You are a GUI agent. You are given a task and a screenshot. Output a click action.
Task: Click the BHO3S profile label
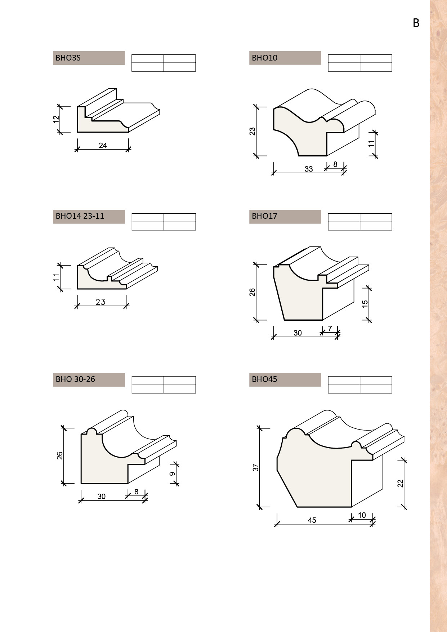(x=68, y=58)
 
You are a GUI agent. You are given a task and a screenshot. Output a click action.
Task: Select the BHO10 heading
(x=265, y=58)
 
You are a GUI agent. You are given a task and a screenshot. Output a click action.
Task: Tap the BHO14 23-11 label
(x=80, y=216)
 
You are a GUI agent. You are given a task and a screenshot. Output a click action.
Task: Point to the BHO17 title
(x=264, y=216)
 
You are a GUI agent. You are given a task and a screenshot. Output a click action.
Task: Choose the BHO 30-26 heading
(x=75, y=379)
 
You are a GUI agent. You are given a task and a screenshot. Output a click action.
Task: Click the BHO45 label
(x=264, y=379)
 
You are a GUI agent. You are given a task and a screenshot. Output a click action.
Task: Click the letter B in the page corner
(x=416, y=23)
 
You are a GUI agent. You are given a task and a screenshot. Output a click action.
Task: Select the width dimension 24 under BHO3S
(x=103, y=145)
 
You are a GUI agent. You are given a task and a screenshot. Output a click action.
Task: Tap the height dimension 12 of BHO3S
(x=56, y=119)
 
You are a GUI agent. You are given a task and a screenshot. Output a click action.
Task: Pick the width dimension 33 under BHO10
(x=309, y=169)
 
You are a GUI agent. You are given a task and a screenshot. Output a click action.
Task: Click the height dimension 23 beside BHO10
(x=252, y=131)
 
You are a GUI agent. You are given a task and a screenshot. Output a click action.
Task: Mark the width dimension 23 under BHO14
(x=100, y=302)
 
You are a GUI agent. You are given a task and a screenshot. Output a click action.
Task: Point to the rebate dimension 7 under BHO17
(x=330, y=329)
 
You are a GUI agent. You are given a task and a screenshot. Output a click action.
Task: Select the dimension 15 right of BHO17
(x=365, y=304)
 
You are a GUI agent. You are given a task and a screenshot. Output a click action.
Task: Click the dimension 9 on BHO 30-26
(x=173, y=474)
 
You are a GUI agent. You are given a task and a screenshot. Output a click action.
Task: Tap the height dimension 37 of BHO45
(x=256, y=468)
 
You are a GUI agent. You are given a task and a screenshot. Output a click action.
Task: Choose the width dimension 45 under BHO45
(x=312, y=520)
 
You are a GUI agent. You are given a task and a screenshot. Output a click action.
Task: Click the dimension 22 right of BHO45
(x=400, y=483)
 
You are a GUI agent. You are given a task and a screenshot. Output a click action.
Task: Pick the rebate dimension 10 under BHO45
(x=362, y=515)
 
